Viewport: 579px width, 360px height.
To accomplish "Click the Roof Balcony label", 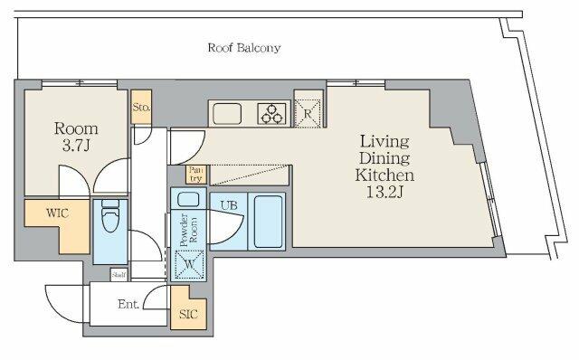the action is [x=244, y=48].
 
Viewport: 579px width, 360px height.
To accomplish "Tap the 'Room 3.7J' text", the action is [x=76, y=137].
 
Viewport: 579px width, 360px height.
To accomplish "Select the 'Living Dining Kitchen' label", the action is [x=384, y=158].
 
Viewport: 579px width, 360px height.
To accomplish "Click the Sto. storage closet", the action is [x=141, y=107].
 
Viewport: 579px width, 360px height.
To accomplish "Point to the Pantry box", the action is [x=195, y=175].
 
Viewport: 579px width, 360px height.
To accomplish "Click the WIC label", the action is [x=57, y=213].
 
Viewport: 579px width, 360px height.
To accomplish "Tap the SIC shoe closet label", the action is [x=188, y=314].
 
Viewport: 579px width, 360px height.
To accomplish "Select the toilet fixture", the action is [x=110, y=215].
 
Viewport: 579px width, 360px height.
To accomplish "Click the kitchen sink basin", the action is [x=227, y=113].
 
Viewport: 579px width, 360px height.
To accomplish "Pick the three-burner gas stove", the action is [x=271, y=113].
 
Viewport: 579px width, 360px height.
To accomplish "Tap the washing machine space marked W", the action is [x=189, y=264].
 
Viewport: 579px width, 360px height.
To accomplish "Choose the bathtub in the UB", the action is [x=268, y=222].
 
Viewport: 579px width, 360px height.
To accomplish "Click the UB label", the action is [x=229, y=205].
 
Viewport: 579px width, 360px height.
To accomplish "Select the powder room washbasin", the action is [x=188, y=199].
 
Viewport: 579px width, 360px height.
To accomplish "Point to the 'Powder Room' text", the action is [x=188, y=230].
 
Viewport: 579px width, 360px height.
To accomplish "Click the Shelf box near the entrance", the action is [x=119, y=275].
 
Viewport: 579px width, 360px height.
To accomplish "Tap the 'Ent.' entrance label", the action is [x=128, y=304].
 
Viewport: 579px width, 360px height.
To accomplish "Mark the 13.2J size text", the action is [x=384, y=192].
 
